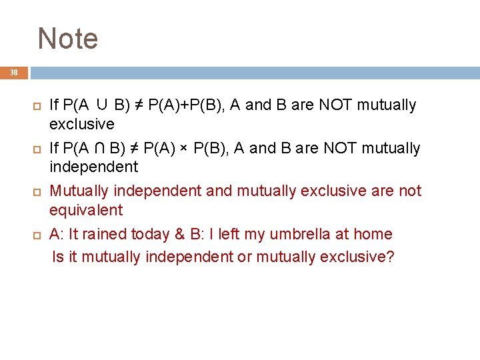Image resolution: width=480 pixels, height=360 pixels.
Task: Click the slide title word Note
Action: pyautogui.click(x=68, y=39)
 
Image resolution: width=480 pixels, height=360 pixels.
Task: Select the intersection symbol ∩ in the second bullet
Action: pyautogui.click(x=102, y=148)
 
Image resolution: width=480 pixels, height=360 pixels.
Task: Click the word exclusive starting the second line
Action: pyautogui.click(x=82, y=124)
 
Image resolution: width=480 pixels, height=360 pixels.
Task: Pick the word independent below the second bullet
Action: pyautogui.click(x=93, y=167)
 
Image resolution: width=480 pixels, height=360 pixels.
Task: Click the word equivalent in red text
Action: pyautogui.click(x=86, y=210)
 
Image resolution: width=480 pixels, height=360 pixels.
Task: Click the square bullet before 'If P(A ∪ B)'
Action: pyautogui.click(x=37, y=106)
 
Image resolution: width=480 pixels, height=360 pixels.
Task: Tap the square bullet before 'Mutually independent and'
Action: pyautogui.click(x=37, y=192)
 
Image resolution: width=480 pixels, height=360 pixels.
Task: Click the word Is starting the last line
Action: pyautogui.click(x=58, y=256)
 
